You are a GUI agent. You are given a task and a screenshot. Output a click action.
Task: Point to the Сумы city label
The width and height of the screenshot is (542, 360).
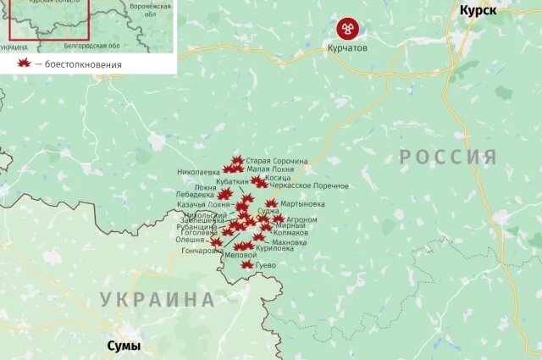[123, 346]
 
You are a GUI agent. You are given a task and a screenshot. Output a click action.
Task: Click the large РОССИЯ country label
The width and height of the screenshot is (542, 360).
[448, 157]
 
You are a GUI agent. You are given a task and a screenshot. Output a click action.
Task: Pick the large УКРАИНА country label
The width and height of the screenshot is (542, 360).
[157, 299]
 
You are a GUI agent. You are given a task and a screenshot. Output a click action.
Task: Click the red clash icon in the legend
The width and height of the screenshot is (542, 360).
[24, 64]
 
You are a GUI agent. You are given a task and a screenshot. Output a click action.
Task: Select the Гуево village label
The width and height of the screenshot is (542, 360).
[266, 265]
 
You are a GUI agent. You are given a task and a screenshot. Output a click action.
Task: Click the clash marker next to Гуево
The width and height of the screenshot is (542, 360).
[246, 264]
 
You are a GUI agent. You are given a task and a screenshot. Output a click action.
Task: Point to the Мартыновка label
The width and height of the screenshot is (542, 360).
[302, 203]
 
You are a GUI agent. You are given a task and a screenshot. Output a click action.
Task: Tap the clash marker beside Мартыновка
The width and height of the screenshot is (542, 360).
[271, 203]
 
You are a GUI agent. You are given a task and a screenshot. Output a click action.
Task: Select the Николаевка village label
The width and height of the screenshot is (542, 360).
[199, 170]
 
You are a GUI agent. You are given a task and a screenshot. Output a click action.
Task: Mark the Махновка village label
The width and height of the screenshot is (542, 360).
[290, 242]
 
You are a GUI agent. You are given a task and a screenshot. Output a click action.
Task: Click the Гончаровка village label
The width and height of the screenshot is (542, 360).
[203, 251]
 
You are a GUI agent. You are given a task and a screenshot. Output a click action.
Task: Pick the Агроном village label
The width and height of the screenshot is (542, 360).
[302, 219]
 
